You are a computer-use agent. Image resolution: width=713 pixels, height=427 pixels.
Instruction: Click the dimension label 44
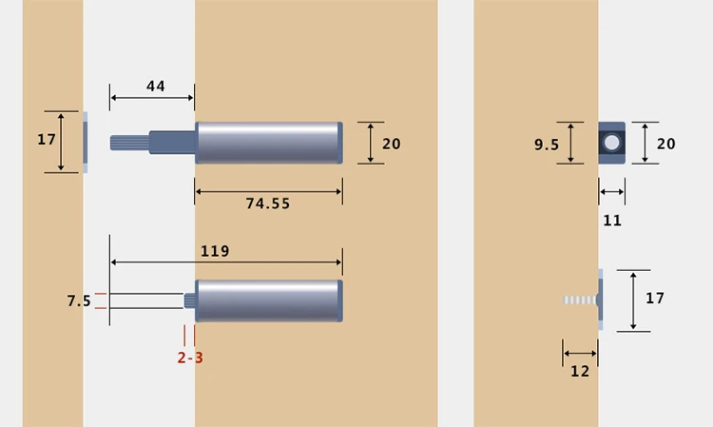(155, 87)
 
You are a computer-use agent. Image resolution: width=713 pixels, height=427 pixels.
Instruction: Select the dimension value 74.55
(268, 204)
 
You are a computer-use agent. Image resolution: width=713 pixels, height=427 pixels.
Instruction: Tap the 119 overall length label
(215, 251)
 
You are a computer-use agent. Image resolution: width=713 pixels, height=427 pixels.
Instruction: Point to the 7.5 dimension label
(79, 301)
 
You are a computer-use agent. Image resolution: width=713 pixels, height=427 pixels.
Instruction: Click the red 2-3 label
(190, 358)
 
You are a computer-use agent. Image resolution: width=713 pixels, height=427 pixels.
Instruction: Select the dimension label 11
(612, 220)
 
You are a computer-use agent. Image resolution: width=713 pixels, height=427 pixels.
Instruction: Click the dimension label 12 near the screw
(580, 371)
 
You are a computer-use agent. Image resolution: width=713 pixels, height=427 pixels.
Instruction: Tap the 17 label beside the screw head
(655, 299)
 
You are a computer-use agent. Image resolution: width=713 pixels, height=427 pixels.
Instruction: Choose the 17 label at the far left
(47, 140)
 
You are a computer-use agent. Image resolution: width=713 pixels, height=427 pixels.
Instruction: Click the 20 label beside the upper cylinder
(391, 144)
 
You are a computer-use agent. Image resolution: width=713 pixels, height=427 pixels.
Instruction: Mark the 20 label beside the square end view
(666, 144)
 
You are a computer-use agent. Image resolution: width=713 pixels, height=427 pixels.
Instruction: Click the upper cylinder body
(269, 143)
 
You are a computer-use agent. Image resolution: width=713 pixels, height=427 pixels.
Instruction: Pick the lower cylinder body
(269, 301)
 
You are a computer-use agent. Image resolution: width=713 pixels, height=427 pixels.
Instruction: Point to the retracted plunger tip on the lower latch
(189, 301)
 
